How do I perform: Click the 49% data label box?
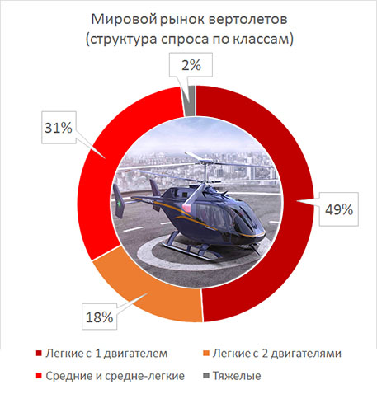339,209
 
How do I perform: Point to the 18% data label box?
99,317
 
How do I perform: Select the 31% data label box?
59,128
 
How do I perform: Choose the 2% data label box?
191,65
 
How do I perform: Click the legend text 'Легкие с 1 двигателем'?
106,354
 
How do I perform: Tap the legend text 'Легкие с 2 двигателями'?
277,354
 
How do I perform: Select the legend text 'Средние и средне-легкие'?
115,376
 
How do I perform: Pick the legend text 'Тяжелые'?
237,376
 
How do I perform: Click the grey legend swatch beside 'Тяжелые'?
206,375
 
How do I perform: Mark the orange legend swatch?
206,353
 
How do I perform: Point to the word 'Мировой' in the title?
124,20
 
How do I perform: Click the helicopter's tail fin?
119,200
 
